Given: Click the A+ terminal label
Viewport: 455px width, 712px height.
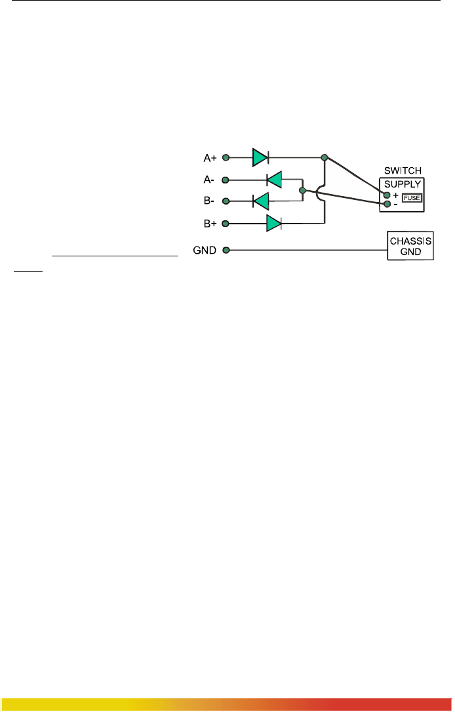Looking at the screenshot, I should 210,158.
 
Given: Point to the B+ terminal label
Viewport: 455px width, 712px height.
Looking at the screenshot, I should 210,224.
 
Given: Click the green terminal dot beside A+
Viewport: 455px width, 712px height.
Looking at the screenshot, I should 226,158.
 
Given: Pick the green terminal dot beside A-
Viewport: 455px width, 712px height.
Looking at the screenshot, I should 226,179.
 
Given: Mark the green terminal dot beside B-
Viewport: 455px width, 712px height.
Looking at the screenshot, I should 226,201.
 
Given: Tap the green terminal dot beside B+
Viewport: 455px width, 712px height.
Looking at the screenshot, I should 226,224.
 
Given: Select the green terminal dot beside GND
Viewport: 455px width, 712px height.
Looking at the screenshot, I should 226,250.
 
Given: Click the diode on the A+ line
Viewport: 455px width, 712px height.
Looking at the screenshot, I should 260,158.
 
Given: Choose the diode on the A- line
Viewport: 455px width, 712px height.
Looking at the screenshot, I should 274,179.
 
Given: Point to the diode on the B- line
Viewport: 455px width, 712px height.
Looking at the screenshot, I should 261,201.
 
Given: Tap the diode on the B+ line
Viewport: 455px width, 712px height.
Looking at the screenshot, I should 274,224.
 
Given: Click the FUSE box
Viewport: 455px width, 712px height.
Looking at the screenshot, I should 412,197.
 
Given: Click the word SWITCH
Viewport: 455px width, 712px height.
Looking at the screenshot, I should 403,170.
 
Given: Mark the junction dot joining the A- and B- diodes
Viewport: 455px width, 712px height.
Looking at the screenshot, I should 302,191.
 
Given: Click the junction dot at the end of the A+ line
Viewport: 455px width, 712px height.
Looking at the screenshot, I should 324,158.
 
